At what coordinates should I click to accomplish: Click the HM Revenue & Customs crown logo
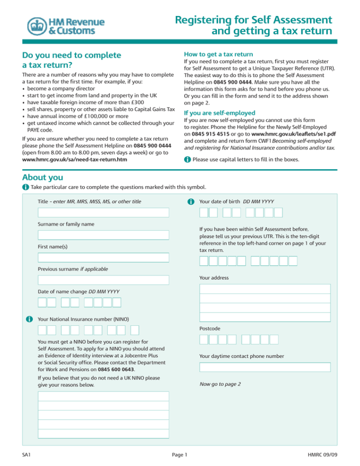tap(37, 26)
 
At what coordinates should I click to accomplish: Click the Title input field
tap(103, 212)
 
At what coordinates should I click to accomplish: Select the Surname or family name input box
tap(103, 235)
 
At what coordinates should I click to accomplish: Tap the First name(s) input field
tap(103, 257)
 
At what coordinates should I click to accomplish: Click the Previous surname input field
tap(103, 280)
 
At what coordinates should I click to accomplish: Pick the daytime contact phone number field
tap(265, 367)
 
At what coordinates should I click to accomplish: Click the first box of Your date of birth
tap(204, 212)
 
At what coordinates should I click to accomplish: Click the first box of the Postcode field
tap(204, 339)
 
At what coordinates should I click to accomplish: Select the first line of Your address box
tap(265, 289)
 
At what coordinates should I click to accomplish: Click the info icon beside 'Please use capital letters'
tap(187, 159)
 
